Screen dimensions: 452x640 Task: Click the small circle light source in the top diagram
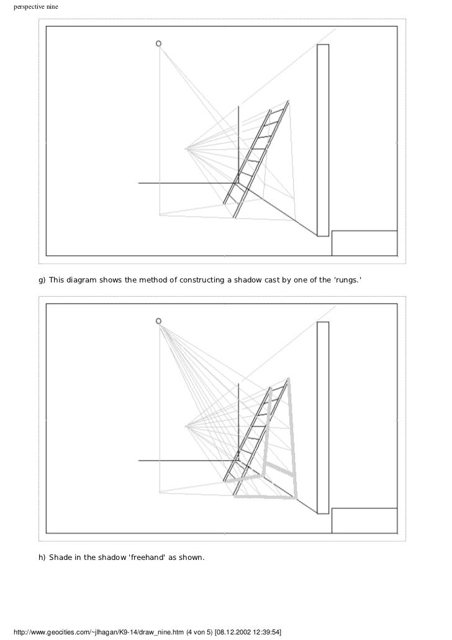(159, 43)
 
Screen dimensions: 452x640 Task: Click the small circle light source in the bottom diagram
(159, 321)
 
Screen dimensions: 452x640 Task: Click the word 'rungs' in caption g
(348, 280)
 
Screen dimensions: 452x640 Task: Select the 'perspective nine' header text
(36, 7)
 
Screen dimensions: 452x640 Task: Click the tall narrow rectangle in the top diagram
(323, 140)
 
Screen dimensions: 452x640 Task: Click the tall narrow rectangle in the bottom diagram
(323, 418)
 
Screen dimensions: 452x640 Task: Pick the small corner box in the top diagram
(364, 243)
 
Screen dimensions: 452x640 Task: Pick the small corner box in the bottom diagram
(364, 520)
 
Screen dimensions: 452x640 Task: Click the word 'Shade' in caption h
(60, 557)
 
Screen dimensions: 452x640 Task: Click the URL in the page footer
(99, 633)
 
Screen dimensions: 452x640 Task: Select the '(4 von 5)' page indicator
(200, 633)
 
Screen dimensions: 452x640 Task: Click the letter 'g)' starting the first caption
(42, 281)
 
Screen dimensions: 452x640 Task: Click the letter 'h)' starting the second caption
(42, 557)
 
